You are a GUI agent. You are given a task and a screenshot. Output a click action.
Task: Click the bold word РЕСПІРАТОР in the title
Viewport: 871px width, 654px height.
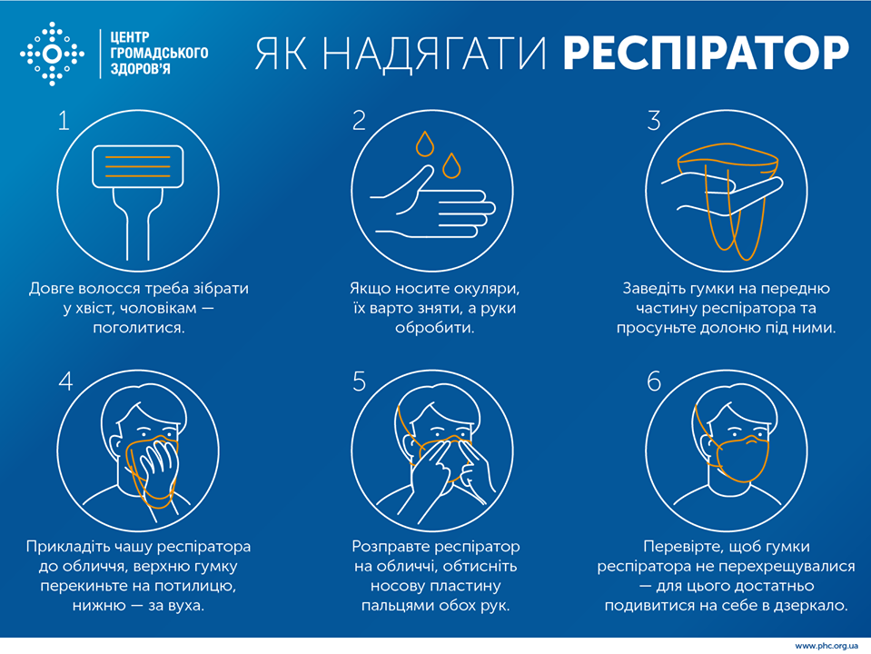pos(706,54)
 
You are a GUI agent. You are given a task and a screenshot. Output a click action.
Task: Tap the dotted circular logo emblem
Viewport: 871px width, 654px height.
pos(52,54)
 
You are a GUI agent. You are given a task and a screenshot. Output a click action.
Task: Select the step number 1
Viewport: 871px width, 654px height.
pos(64,121)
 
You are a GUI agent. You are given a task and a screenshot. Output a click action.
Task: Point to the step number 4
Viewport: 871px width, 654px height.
pos(65,381)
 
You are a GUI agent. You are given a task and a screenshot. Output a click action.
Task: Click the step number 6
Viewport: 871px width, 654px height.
pos(654,381)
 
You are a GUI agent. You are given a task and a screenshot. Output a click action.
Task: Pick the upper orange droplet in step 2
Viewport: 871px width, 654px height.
pos(425,144)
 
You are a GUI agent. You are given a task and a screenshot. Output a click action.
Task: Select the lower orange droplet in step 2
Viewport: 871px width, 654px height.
pos(451,165)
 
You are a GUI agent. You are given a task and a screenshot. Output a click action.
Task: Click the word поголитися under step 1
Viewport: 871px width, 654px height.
pos(138,328)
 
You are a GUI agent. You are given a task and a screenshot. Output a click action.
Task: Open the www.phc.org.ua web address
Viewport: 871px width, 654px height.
pos(826,646)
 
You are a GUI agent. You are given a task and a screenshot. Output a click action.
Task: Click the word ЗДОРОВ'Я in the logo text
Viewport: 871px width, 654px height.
pos(140,69)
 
